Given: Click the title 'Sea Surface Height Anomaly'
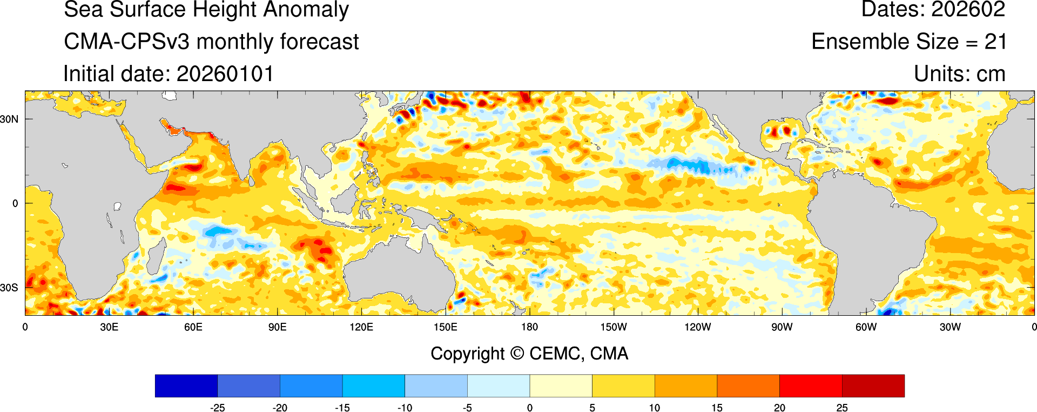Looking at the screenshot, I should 206,10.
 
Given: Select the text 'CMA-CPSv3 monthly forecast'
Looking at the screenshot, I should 211,42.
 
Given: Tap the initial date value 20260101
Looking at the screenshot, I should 225,74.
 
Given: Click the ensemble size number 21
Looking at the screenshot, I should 995,42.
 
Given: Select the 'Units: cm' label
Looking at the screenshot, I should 959,74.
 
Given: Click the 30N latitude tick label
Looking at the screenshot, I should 9,119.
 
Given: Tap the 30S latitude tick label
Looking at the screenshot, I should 9,288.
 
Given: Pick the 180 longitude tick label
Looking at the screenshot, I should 529,327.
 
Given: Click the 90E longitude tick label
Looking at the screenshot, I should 277,327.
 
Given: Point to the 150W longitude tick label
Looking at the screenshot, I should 614,327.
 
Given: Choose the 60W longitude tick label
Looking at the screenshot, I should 866,327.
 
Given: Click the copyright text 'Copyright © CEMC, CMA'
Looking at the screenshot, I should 529,354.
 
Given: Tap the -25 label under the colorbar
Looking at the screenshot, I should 217,408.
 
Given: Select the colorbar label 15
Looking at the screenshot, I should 717,408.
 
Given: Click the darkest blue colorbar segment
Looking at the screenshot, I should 186,386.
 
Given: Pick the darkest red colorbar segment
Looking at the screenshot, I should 873,386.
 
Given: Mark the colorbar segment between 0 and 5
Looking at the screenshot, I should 561,386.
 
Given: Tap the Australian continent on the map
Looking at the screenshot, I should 400,276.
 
